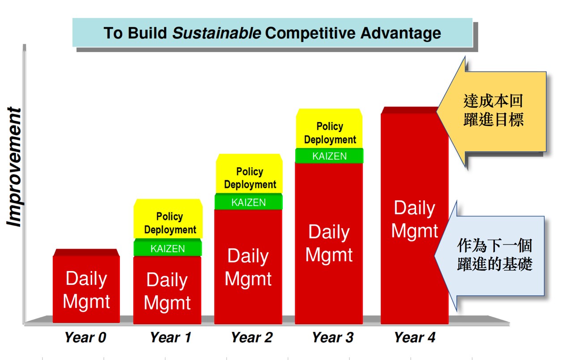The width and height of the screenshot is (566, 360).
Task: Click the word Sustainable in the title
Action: coord(217,33)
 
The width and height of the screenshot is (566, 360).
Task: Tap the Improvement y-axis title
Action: coord(14,167)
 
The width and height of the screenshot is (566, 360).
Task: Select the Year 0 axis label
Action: coord(85,337)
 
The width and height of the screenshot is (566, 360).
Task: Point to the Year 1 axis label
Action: coord(170,337)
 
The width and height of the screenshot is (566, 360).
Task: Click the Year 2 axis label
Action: coord(252,337)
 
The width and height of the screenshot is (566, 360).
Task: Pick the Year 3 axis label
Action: coord(333,337)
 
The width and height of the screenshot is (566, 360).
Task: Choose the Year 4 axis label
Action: coord(415,337)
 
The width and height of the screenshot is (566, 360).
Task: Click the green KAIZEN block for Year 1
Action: coord(167,248)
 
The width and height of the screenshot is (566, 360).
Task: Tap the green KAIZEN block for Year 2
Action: coord(249,202)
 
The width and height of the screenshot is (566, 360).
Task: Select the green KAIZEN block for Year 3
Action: coord(329,156)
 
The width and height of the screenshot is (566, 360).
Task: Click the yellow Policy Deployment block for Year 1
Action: coord(168,219)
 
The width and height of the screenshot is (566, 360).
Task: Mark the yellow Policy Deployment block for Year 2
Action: coord(249,174)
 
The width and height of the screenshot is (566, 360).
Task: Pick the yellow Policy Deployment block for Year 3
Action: coord(329,128)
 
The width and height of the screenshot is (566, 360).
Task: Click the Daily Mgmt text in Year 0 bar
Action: coord(86,290)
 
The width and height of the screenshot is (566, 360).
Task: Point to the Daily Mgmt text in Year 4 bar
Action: coord(415,219)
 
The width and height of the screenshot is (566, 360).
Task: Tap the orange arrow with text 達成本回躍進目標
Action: coord(491,112)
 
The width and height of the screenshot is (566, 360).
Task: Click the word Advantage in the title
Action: coord(401,33)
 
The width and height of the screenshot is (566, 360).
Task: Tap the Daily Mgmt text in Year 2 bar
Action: coord(248,267)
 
